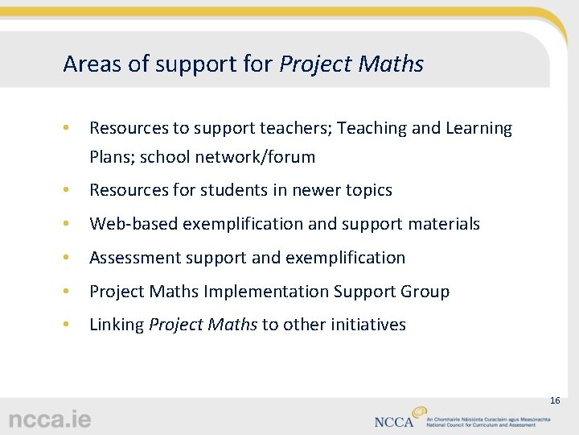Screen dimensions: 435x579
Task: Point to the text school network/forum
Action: point(228,156)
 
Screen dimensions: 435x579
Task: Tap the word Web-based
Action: point(133,224)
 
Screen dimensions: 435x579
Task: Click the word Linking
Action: point(117,325)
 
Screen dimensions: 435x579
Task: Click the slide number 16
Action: point(554,400)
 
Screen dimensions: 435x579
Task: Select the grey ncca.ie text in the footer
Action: point(50,420)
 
